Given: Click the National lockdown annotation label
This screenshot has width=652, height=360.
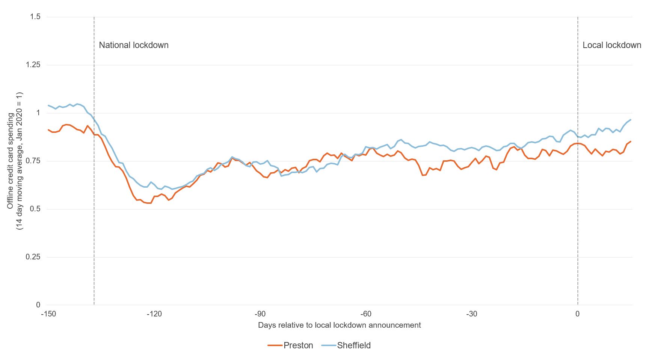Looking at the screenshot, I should tap(134, 45).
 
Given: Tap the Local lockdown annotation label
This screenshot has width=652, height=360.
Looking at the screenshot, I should tap(611, 45).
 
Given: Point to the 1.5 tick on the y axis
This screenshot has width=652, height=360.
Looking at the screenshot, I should tap(35, 17).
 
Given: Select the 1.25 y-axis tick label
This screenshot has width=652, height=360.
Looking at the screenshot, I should tap(33, 65).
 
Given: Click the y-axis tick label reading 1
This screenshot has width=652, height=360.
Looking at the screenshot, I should tap(38, 113).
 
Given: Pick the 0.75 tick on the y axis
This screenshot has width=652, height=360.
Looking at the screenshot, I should tap(33, 161).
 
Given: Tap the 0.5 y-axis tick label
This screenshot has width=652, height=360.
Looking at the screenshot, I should tap(35, 209).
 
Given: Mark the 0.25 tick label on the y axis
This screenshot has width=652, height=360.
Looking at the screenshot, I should tap(33, 257).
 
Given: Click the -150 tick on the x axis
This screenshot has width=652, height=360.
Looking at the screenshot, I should tap(48, 314).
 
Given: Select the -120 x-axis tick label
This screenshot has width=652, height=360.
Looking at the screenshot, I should tap(154, 314).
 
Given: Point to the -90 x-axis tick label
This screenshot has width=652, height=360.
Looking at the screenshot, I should tap(260, 314).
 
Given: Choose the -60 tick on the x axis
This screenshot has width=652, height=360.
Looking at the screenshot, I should tap(366, 314).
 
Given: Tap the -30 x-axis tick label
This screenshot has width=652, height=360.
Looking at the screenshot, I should tap(472, 314).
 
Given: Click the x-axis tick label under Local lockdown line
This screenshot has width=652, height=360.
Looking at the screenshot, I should tap(578, 314).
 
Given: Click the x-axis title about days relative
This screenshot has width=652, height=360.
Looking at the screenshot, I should tap(340, 325).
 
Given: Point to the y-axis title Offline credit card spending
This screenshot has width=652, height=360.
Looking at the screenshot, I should tap(15, 161).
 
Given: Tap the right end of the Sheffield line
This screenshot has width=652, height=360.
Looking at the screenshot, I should tap(631, 120).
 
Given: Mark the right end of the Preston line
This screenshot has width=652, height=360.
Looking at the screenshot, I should tap(631, 142).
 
